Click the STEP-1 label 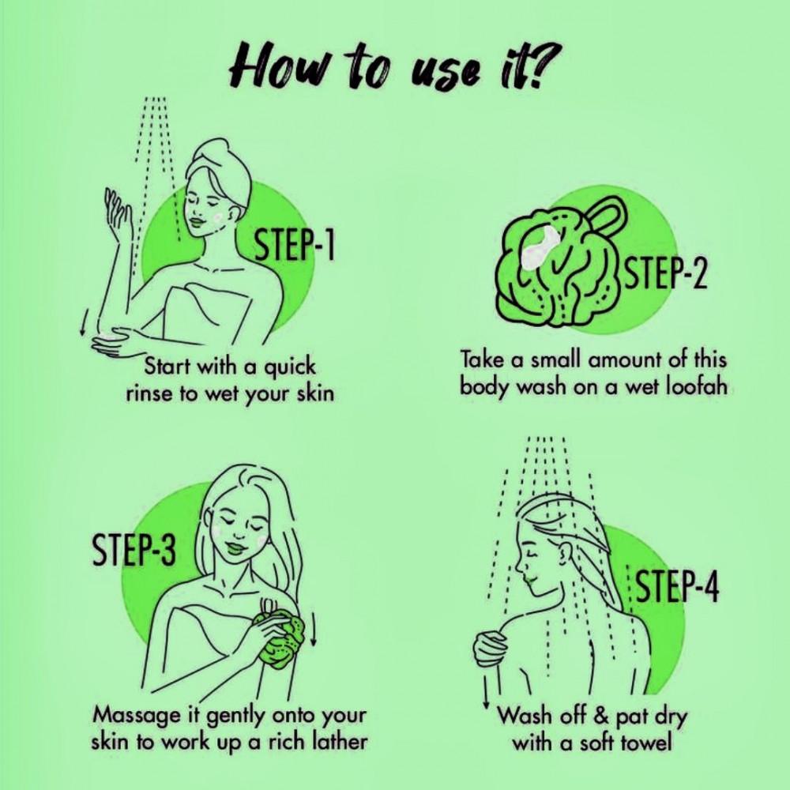[x=294, y=244]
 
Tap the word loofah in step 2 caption [x=697, y=387]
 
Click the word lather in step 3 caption [x=337, y=742]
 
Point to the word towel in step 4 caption [x=646, y=742]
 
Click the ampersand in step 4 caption [x=601, y=716]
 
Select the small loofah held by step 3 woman [x=279, y=637]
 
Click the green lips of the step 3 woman [x=235, y=547]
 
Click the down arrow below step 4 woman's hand [x=487, y=690]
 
